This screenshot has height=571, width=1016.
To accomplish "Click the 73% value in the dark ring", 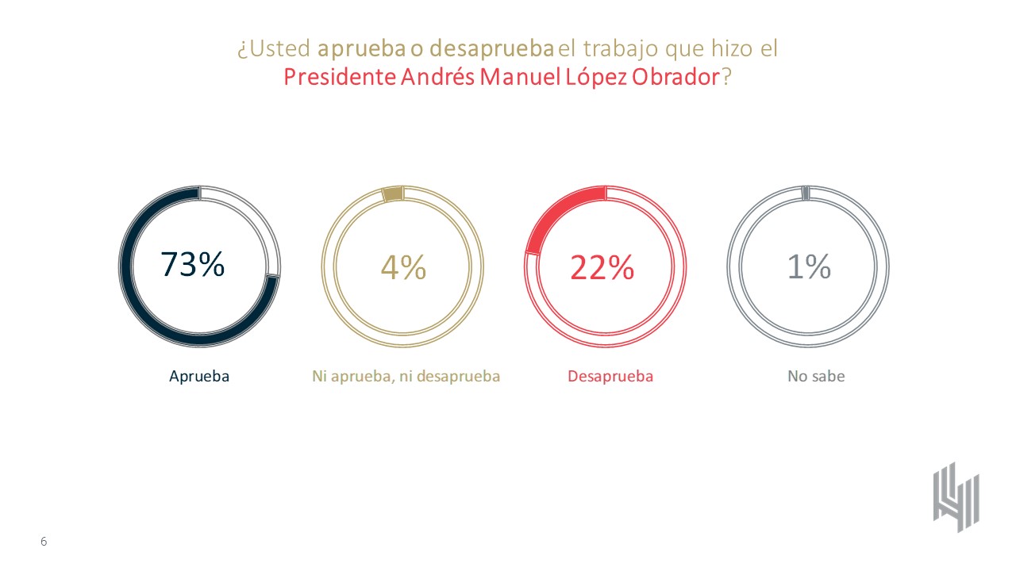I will tap(193, 265).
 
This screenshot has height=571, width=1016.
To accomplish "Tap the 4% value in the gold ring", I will tap(403, 267).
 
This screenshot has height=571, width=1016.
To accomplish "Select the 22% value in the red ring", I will tap(602, 268).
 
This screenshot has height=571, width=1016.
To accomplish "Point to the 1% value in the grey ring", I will tap(808, 267).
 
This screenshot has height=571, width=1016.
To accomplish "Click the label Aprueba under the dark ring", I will tap(199, 377).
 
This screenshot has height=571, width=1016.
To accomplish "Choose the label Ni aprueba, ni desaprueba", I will tap(406, 377).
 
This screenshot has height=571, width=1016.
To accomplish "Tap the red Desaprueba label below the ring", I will tap(610, 377).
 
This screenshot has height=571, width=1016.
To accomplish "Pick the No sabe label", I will tap(816, 377).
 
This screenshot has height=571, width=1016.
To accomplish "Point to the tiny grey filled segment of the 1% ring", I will tap(806, 192).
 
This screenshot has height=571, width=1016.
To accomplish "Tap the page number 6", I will tap(44, 542).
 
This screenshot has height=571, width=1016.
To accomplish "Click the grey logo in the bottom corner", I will tap(956, 496).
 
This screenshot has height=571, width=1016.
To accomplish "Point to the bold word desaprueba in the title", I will tap(491, 48).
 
